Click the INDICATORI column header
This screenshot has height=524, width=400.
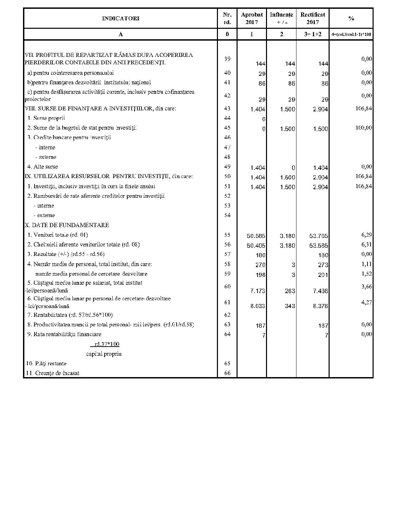[120, 18]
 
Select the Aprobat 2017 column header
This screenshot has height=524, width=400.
[252, 18]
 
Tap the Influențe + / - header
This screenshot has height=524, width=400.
[281, 18]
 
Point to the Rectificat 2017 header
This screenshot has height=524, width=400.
[313, 18]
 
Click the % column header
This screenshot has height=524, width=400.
[351, 18]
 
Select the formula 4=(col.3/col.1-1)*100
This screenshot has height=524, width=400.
[351, 34]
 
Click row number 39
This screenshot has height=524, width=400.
[227, 59]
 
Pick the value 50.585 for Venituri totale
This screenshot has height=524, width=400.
[256, 236]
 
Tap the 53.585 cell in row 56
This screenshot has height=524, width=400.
[319, 246]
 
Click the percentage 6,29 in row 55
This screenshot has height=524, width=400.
[366, 235]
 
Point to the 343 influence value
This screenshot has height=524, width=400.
[290, 306]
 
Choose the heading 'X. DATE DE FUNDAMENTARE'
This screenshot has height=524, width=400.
[67, 225]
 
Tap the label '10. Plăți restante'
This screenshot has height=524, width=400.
[46, 364]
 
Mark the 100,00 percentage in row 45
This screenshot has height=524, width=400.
[364, 128]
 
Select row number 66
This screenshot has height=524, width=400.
[227, 373]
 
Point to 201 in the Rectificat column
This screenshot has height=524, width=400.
[323, 275]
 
